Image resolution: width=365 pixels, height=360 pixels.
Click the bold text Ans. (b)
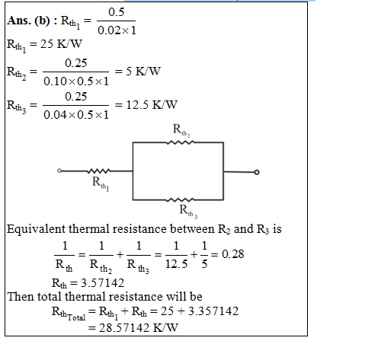[28, 21]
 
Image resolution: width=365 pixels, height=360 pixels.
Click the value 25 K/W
[61, 44]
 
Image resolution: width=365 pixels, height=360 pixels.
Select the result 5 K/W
[143, 72]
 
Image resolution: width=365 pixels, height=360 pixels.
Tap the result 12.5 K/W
[152, 105]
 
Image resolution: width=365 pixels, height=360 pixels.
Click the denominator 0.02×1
[117, 30]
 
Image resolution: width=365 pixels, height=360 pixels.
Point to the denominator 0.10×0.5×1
[76, 81]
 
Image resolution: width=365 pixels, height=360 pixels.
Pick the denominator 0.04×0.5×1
[76, 115]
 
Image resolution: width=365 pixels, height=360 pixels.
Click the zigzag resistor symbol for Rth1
[98, 171]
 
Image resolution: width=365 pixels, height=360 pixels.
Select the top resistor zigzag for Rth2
[180, 142]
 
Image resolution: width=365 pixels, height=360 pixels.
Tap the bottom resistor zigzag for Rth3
[180, 200]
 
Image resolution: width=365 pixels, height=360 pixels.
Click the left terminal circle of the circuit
[59, 170]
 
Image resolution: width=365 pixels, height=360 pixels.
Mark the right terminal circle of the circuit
[257, 172]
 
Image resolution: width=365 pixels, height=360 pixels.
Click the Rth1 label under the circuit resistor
[101, 183]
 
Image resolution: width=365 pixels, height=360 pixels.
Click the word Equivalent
[36, 229]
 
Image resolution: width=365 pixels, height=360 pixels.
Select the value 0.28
[232, 254]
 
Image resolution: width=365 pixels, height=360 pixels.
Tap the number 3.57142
[102, 283]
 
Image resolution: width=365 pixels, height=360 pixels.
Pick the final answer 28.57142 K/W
[138, 328]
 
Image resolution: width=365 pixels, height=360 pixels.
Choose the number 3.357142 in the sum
[213, 311]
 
